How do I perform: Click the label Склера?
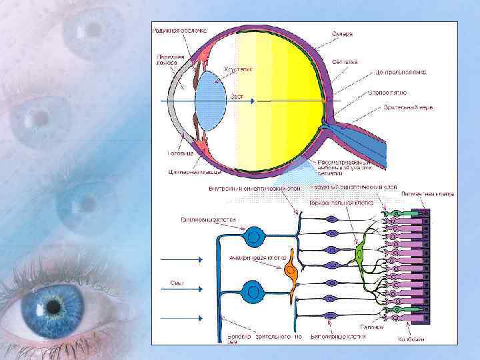click(343, 33)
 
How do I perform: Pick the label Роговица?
click(181, 153)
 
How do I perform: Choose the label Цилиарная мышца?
click(190, 172)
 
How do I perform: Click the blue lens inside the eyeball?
click(213, 100)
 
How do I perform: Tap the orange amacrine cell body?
click(291, 273)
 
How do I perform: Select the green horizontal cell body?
click(361, 251)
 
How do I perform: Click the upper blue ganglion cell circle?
click(253, 235)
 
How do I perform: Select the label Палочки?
click(373, 327)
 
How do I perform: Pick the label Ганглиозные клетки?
click(207, 219)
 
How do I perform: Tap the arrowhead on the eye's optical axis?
click(252, 101)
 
